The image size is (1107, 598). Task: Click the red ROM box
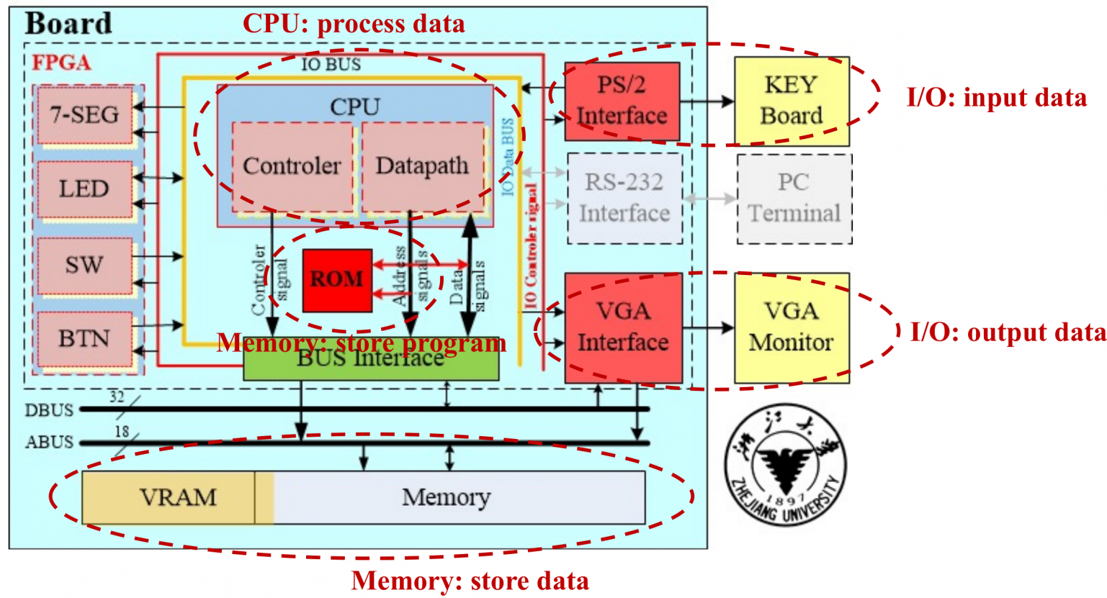337,280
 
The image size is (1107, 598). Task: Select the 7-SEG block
84,114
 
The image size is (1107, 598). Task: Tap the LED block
84,189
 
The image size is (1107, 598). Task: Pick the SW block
84,265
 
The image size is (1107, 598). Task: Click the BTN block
84,338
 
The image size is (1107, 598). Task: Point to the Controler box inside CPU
292,166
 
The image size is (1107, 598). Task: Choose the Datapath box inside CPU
422,166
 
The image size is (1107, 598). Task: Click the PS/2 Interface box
622,101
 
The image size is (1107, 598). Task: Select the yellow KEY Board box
791,101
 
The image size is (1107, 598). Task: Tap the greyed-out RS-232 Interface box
624,198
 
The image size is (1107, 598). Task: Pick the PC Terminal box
794,198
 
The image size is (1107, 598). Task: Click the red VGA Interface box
623,327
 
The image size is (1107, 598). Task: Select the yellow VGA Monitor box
791,327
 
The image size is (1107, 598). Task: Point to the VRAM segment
177,497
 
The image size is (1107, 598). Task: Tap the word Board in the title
68,24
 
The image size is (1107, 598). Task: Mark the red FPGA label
61,63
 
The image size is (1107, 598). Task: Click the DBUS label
49,410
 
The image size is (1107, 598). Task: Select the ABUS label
49,442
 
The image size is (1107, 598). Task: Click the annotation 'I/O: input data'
996,98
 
